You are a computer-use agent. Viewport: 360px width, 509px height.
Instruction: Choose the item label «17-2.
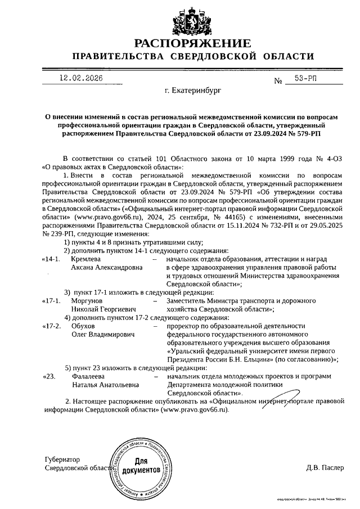point(51,326)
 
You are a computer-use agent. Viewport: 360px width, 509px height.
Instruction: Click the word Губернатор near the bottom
point(62,459)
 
